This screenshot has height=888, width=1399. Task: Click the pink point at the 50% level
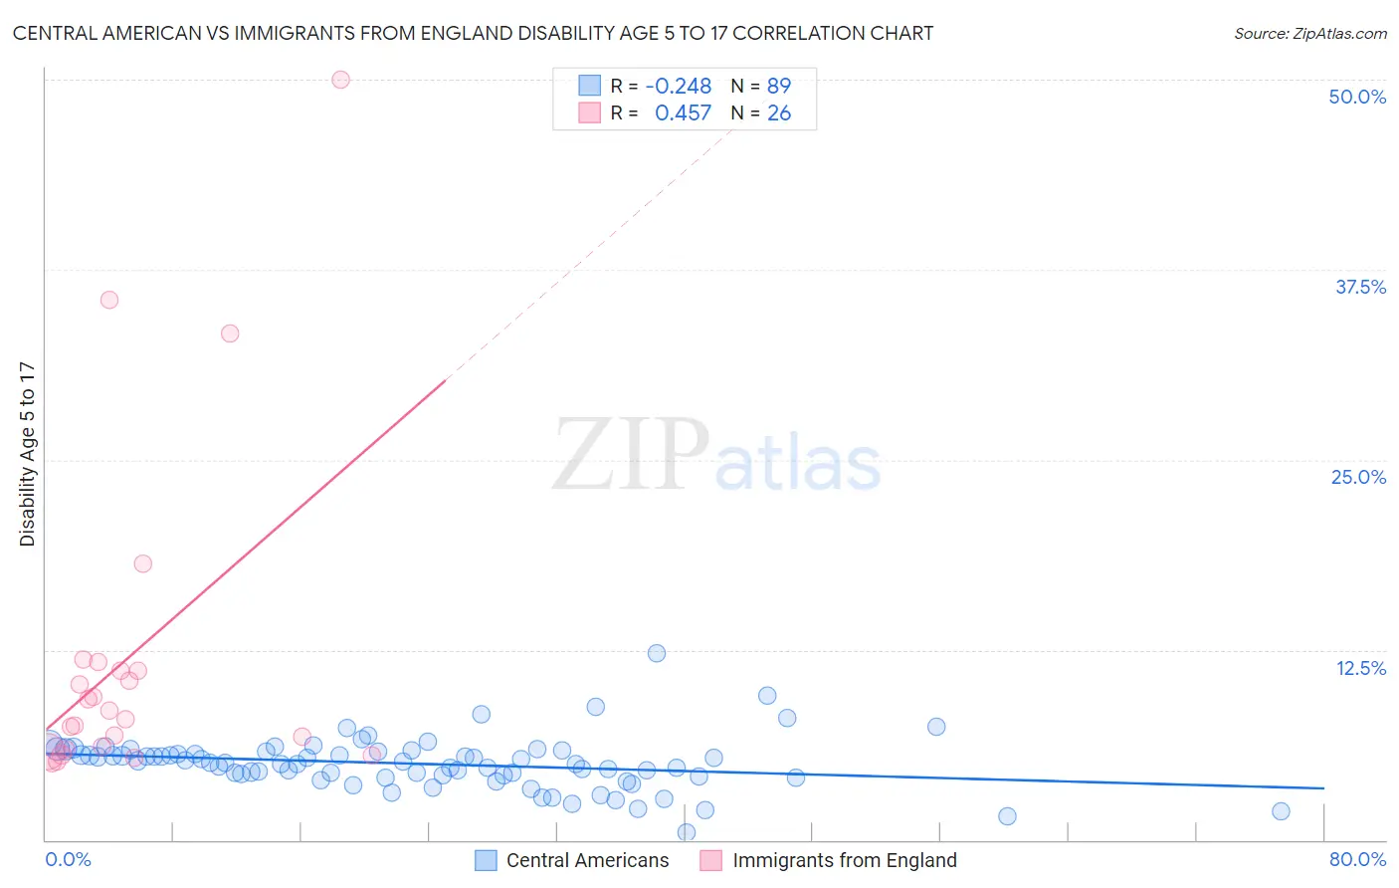[x=340, y=80]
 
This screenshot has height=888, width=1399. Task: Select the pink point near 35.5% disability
[x=109, y=300]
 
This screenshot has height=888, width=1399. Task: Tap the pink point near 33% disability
[x=230, y=333]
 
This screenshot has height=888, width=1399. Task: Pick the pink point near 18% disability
[x=143, y=563]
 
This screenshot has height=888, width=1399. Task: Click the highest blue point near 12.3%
[x=657, y=653]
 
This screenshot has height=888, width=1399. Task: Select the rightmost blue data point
[x=1281, y=811]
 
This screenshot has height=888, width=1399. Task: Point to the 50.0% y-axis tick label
[x=1357, y=97]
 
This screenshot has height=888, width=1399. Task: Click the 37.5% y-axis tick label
[x=1360, y=287]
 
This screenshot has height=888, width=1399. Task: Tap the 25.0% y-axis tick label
[x=1358, y=477]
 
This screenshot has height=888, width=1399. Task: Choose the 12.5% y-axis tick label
[x=1360, y=668]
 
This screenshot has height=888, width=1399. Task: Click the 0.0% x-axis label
[x=68, y=859]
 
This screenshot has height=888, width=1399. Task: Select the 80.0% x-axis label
[x=1357, y=859]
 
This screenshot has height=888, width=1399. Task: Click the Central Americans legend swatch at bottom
[x=486, y=860]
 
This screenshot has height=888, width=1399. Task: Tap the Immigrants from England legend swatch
[x=710, y=860]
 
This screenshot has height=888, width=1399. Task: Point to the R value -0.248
[x=678, y=86]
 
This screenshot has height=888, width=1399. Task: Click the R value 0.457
[x=683, y=113]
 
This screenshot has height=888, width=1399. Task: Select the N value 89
[x=778, y=86]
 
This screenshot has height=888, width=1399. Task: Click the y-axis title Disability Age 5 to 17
[x=27, y=454]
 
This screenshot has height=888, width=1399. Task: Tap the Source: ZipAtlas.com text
[x=1309, y=34]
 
